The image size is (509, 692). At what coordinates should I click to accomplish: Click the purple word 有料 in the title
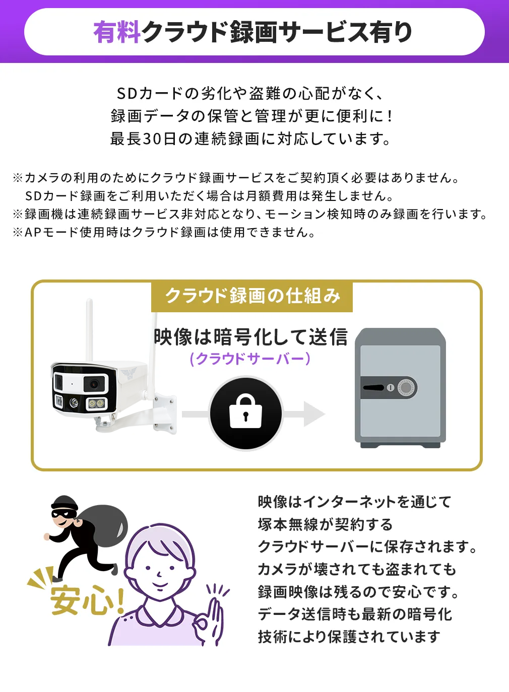116,32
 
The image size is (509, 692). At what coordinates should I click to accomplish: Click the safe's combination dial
407,388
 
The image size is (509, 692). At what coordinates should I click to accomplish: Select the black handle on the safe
374,388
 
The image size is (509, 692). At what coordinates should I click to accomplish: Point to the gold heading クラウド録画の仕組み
252,296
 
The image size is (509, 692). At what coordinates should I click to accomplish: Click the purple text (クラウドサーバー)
250,359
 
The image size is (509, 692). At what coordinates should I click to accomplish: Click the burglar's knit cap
65,503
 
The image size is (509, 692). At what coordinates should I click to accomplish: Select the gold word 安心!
86,599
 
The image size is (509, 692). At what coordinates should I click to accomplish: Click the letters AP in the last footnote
33,232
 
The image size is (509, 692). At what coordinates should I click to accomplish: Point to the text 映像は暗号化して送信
250,337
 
